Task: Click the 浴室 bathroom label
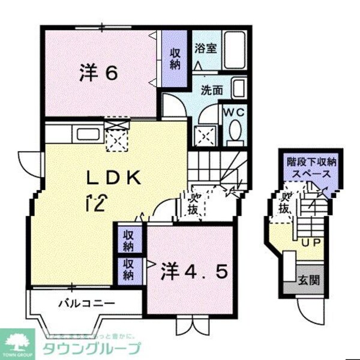(x=206, y=48)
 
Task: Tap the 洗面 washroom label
(x=212, y=91)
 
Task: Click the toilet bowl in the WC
(x=235, y=130)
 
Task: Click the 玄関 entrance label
(x=310, y=280)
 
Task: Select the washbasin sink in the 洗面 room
(x=238, y=90)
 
